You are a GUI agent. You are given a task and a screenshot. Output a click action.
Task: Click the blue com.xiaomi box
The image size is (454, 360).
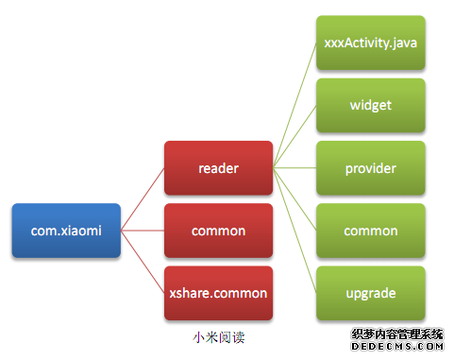(66, 231)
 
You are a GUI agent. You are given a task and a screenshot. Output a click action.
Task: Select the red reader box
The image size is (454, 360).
(218, 168)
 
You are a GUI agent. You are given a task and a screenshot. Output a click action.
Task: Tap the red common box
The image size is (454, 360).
(218, 231)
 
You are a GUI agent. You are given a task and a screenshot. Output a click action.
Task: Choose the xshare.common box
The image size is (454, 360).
(218, 292)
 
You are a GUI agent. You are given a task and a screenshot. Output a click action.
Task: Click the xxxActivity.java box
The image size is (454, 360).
(370, 43)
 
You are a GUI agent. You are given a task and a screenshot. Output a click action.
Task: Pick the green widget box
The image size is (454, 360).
(370, 106)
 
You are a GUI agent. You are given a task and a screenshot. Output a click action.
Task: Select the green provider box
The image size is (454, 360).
(370, 168)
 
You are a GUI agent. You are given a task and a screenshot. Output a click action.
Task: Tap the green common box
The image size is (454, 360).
(370, 231)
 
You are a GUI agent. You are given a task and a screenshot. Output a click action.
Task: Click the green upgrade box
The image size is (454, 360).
(370, 293)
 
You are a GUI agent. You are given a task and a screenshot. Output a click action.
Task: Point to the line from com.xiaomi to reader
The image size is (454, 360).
(143, 199)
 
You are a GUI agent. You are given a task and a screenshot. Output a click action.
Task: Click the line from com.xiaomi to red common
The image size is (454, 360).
(143, 231)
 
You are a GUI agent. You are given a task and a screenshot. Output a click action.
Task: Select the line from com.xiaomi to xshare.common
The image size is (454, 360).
(143, 262)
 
